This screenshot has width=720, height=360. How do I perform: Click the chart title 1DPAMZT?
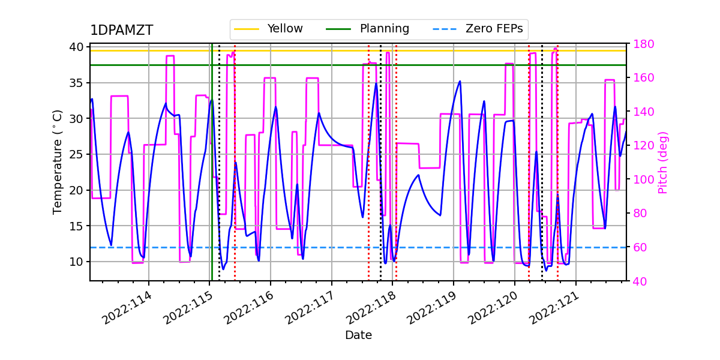click(x=121, y=31)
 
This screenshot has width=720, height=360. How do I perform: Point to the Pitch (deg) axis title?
click(x=663, y=162)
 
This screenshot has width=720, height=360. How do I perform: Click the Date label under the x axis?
click(x=358, y=335)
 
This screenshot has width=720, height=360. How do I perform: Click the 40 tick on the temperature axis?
click(x=79, y=47)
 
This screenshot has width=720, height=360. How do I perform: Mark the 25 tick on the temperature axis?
click(x=79, y=154)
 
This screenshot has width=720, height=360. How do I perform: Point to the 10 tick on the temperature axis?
click(x=79, y=262)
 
